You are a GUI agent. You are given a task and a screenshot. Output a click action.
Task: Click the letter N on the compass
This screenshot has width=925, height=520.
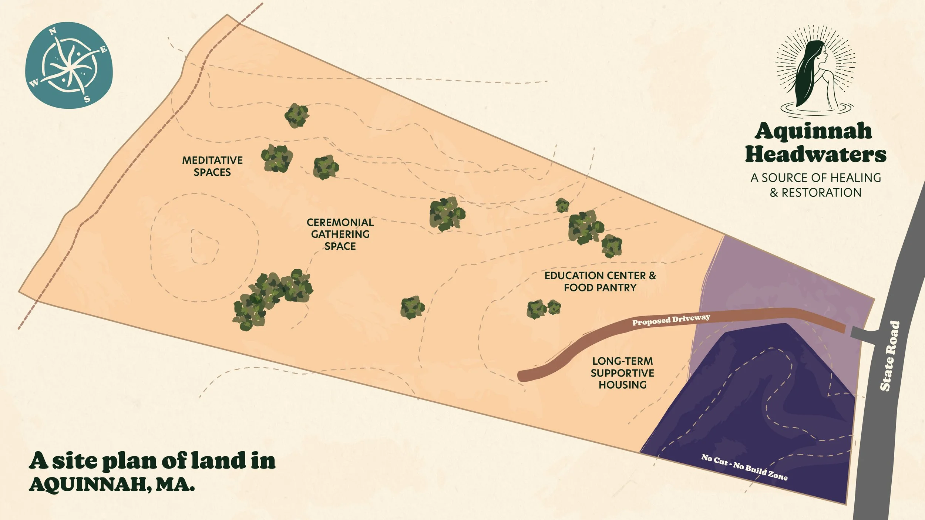point(53,32)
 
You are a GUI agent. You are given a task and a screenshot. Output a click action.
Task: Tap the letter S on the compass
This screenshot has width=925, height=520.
point(87,99)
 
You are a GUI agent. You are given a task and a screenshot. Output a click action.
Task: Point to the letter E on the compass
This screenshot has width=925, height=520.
point(104,50)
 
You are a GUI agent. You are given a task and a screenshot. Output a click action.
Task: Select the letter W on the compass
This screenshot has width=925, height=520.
point(34,84)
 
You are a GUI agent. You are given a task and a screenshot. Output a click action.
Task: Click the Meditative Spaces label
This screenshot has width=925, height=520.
point(212,166)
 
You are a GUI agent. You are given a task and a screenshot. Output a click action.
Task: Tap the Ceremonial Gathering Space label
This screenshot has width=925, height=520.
point(340,234)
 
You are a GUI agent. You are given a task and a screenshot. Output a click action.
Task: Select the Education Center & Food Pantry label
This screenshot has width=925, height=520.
point(600,281)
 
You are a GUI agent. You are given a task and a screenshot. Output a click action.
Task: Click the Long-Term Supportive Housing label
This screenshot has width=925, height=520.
point(622,373)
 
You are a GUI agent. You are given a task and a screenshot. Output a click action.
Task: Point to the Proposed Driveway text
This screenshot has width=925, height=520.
point(671,320)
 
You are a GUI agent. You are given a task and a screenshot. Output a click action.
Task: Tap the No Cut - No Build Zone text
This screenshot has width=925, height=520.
point(744,467)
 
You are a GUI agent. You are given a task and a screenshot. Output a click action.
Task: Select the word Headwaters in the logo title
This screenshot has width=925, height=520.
point(815,155)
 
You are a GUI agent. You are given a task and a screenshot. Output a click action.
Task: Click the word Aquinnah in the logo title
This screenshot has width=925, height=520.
point(813,131)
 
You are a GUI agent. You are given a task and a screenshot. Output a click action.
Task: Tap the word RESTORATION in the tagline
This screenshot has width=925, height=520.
point(821,193)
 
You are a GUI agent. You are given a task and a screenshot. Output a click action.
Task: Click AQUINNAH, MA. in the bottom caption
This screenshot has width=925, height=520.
point(112,484)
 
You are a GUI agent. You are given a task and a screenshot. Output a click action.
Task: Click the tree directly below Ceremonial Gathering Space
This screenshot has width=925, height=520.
point(412,307)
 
